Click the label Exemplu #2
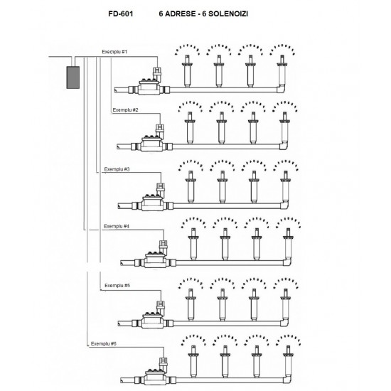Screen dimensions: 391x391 point(126,111)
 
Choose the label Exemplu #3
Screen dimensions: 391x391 point(116,169)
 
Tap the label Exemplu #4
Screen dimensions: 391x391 point(116,227)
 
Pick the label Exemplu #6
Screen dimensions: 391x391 point(103,343)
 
